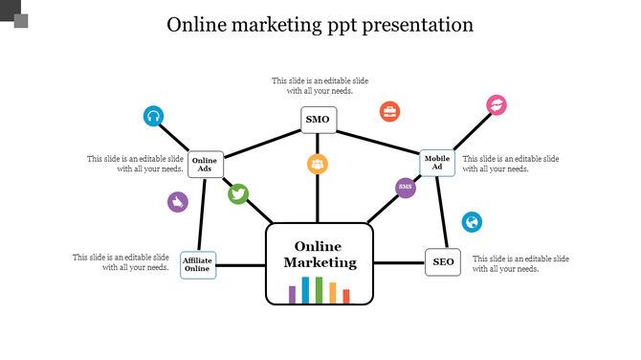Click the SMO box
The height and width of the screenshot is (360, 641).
[x=318, y=120]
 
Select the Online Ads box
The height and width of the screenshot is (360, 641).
[x=205, y=166]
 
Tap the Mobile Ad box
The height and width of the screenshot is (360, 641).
[x=437, y=164]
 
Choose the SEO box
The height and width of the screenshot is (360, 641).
[x=443, y=262]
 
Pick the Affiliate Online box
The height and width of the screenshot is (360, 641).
[x=197, y=264]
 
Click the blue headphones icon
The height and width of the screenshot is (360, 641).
[x=153, y=117]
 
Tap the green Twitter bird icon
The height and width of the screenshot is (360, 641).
[x=238, y=194]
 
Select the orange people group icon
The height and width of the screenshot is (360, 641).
[x=318, y=164]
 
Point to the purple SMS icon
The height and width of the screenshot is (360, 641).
[x=406, y=187]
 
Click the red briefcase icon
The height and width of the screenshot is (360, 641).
[x=389, y=111]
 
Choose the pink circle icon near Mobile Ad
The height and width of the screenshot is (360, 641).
[x=497, y=104]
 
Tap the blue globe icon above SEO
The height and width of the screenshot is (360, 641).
[x=472, y=222]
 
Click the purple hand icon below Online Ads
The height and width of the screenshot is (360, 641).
[x=177, y=202]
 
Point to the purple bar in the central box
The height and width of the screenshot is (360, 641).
[x=293, y=294]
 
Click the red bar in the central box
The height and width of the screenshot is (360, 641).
[x=346, y=296]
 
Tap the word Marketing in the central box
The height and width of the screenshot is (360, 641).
[x=320, y=262]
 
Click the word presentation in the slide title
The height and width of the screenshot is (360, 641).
[x=417, y=25]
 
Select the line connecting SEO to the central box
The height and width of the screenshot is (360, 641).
[x=398, y=263]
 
